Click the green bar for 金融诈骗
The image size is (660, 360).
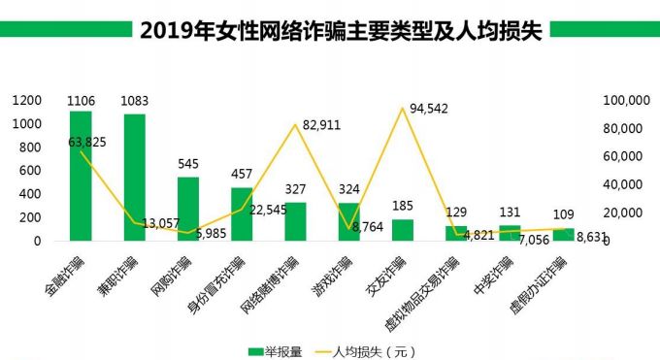81,176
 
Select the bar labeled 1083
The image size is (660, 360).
134,177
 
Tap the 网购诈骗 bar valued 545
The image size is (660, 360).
188,208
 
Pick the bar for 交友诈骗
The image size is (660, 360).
402,229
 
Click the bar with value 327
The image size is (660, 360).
295,220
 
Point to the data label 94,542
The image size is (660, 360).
428,108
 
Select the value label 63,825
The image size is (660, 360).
87,142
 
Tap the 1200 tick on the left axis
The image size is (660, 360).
26,100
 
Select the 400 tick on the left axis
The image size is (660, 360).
30,193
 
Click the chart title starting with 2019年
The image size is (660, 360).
330,29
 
